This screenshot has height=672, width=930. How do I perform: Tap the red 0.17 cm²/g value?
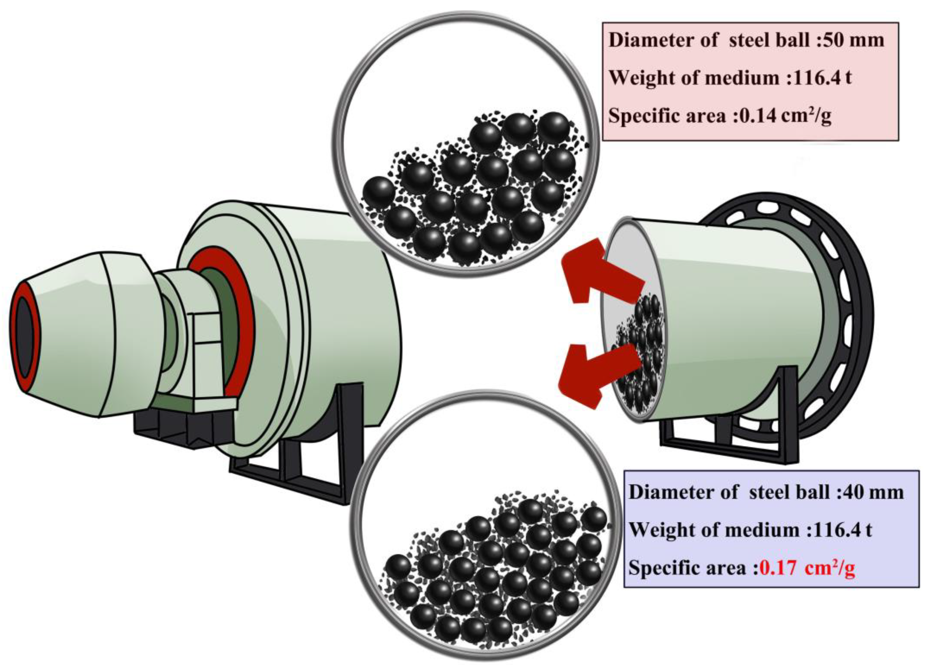point(807,568)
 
